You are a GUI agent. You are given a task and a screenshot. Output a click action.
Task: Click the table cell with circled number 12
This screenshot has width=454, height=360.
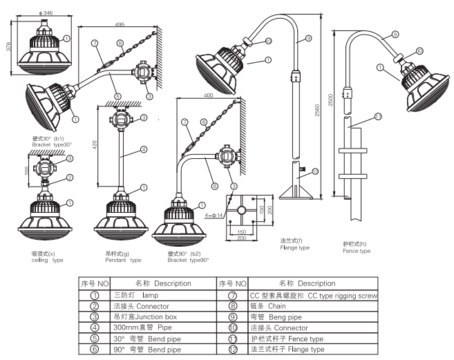tap(231, 349)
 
